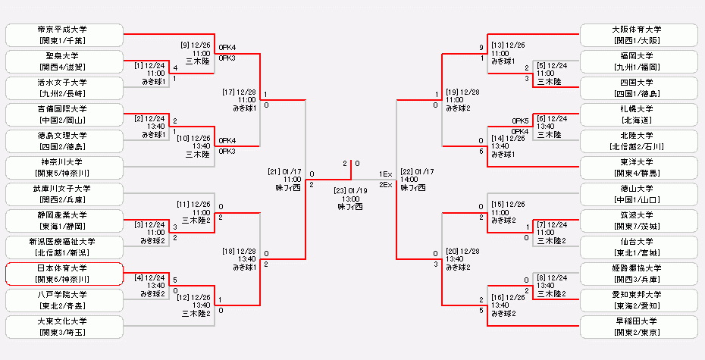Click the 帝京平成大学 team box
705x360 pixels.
(64, 34)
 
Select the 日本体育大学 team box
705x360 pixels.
(64, 274)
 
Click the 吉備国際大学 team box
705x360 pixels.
(64, 114)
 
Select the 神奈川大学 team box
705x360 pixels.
(64, 167)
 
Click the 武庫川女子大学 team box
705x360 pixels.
(64, 194)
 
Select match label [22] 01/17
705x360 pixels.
(417, 171)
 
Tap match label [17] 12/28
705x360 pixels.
(240, 92)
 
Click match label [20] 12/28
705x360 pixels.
(463, 251)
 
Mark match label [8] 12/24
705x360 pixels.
(552, 277)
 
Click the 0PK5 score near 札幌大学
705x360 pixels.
(520, 120)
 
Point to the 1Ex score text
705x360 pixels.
(386, 174)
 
